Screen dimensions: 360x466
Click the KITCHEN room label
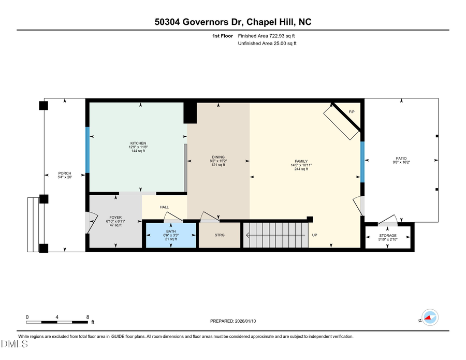pyautogui.click(x=138, y=143)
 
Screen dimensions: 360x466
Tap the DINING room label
pyautogui.click(x=219, y=157)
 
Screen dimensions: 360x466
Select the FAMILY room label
pyautogui.click(x=301, y=161)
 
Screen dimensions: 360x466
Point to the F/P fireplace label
pyautogui.click(x=352, y=112)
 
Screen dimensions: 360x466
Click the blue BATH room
pyautogui.click(x=171, y=235)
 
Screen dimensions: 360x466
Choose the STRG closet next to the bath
pyautogui.click(x=219, y=235)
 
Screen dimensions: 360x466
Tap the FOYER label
pyautogui.click(x=115, y=218)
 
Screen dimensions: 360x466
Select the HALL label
pyautogui.click(x=164, y=207)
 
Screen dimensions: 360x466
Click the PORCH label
pyautogui.click(x=65, y=174)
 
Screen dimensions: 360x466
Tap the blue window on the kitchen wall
pyautogui.click(x=88, y=150)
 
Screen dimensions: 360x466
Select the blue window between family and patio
pyautogui.click(x=362, y=162)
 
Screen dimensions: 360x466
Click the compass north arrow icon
pyautogui.click(x=429, y=318)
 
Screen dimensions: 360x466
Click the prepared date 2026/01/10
pyautogui.click(x=233, y=321)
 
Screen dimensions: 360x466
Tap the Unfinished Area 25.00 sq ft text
pyautogui.click(x=267, y=44)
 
